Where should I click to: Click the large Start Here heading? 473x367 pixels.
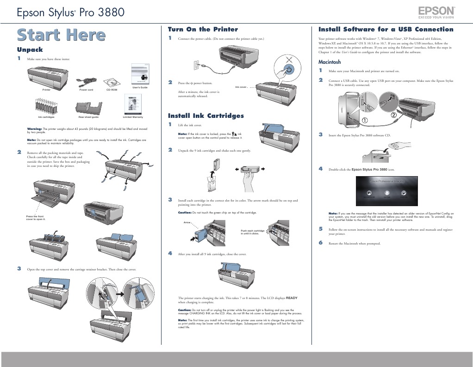(61, 35)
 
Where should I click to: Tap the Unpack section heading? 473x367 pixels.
(30, 49)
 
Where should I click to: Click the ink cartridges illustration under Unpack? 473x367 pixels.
(46, 106)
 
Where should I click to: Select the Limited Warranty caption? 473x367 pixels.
(133, 117)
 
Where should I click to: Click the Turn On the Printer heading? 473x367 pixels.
(203, 29)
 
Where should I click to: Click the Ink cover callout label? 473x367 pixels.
(241, 87)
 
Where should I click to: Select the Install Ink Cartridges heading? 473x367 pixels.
(205, 116)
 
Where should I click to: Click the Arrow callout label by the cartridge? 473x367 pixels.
(187, 222)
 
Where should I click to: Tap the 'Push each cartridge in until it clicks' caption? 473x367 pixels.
(252, 232)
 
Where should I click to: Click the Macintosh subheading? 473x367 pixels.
(330, 62)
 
